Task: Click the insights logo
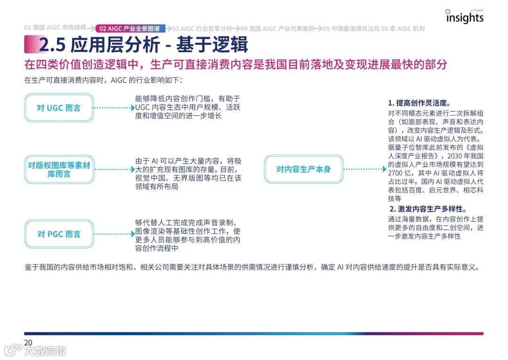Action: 464,17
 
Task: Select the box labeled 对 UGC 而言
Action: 59,108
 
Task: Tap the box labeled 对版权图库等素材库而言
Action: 59,169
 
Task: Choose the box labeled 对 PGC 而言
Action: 59,234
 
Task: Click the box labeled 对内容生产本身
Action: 303,169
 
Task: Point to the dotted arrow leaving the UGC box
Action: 114,108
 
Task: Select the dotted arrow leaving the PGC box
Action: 114,234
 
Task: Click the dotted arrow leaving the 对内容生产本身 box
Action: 365,169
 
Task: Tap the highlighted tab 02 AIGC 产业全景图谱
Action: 129,28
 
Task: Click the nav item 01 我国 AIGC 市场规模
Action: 55,28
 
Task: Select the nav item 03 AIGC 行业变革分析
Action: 202,28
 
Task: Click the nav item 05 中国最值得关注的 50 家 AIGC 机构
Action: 373,28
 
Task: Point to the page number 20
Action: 28,343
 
